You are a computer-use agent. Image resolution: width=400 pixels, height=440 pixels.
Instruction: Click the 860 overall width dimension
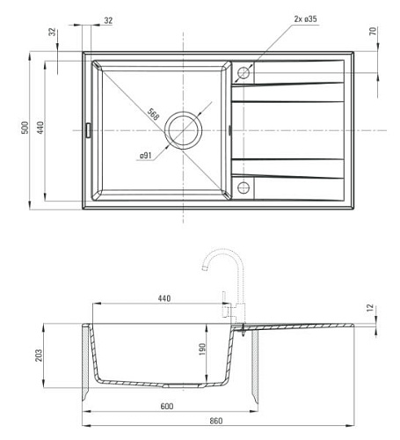coord(216,421)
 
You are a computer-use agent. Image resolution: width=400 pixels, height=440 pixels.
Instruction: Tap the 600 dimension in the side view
coord(167,407)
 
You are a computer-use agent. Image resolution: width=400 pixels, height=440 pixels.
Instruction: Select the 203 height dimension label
coord(39,356)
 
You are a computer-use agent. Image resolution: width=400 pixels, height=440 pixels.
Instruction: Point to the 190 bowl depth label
coord(202,349)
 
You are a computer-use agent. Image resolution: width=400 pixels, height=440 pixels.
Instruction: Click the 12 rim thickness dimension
coord(370,308)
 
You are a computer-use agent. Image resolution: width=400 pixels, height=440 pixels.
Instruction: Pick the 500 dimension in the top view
coord(25,128)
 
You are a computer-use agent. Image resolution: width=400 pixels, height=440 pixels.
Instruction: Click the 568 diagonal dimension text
coord(153,114)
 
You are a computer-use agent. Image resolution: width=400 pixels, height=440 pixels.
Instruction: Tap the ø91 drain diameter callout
coord(146,155)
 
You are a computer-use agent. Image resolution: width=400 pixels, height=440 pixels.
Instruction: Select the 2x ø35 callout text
coord(305,19)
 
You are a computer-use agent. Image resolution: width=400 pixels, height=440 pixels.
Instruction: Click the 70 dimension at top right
coord(373,31)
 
